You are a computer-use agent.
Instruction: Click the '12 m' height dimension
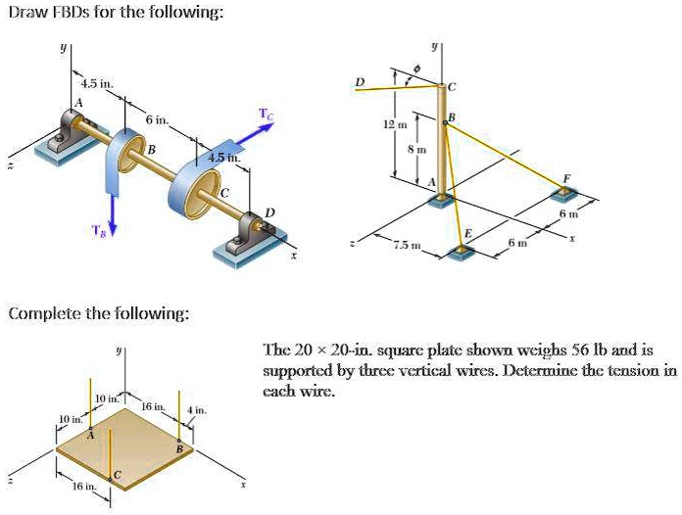click(393, 126)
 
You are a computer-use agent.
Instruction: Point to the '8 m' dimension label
click(415, 149)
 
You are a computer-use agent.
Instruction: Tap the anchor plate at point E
click(459, 252)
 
